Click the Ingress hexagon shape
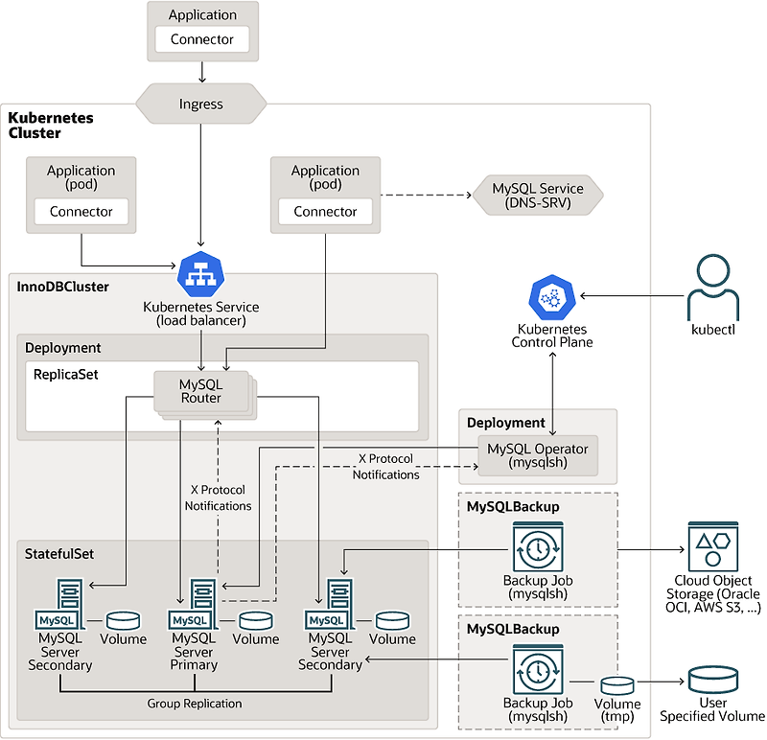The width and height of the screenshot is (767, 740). coord(201,104)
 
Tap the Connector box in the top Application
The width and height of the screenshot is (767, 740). coord(201,39)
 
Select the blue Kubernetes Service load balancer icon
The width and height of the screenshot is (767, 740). coord(200,275)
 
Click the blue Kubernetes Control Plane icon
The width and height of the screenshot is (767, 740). coord(551,299)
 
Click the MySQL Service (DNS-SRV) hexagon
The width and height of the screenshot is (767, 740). coord(538,197)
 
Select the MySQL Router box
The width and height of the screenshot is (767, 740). coord(201,391)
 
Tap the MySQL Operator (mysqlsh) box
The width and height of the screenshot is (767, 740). coord(538,455)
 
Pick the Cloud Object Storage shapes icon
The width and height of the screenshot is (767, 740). coord(713,548)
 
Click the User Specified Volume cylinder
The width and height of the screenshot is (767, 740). coord(713,680)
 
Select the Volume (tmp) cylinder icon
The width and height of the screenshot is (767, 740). coord(617,686)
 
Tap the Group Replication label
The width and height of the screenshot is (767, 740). coord(195,704)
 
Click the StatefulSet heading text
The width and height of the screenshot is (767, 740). coord(59,554)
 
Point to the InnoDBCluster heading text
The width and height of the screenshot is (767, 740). coord(63,287)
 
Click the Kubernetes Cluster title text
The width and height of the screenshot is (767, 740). coord(51,125)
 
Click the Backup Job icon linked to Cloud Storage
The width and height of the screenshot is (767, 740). coord(537,547)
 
